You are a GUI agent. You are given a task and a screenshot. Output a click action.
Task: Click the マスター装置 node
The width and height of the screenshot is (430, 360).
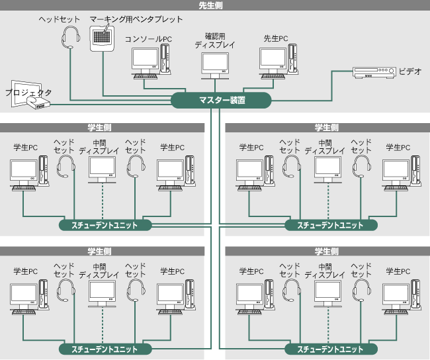point(222,100)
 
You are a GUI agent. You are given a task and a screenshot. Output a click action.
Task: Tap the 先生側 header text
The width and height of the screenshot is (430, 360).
point(215,5)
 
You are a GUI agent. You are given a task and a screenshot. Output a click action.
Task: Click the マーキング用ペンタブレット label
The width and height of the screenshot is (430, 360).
point(136,20)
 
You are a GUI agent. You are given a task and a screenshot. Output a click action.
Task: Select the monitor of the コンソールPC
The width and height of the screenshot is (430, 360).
point(145,60)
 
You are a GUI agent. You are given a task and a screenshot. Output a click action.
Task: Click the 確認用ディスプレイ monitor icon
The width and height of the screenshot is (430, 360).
point(215,63)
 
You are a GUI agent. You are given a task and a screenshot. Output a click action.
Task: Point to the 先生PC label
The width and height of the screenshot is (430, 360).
point(275,39)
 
